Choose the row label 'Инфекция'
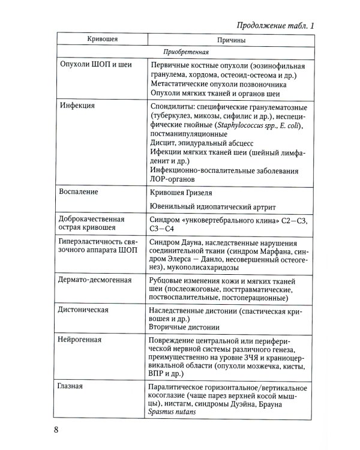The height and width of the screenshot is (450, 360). [80, 104]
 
